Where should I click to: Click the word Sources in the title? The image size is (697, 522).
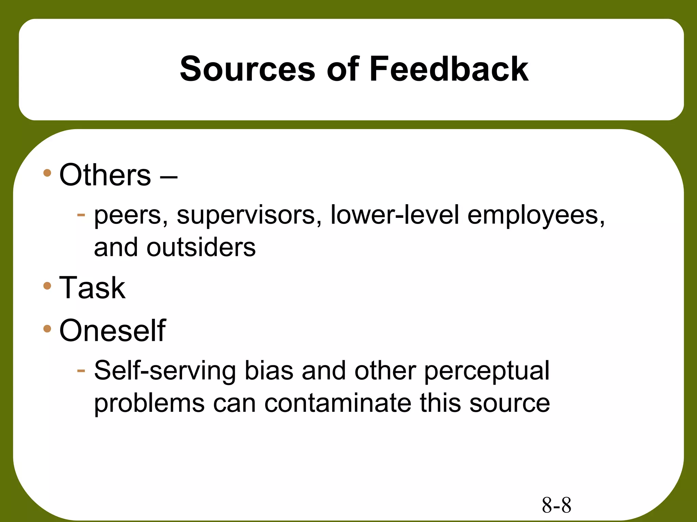pyautogui.click(x=247, y=69)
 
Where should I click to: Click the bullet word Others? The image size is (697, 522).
pyautogui.click(x=105, y=175)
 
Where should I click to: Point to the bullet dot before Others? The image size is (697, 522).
pyautogui.click(x=47, y=173)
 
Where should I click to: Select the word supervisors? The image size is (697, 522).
pyautogui.click(x=249, y=216)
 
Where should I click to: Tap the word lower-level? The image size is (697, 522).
pyautogui.click(x=395, y=215)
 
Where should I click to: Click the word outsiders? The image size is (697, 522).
pyautogui.click(x=201, y=247)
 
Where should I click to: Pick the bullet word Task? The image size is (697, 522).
pyautogui.click(x=92, y=288)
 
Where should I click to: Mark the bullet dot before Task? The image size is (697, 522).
pyautogui.click(x=47, y=286)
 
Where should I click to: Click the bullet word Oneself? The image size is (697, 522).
pyautogui.click(x=112, y=330)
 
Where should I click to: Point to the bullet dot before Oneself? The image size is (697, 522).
pyautogui.click(x=47, y=329)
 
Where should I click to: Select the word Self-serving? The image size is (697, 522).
pyautogui.click(x=165, y=371)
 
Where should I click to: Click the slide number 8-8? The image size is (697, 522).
pyautogui.click(x=556, y=505)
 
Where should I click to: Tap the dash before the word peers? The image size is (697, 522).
pyautogui.click(x=81, y=215)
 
